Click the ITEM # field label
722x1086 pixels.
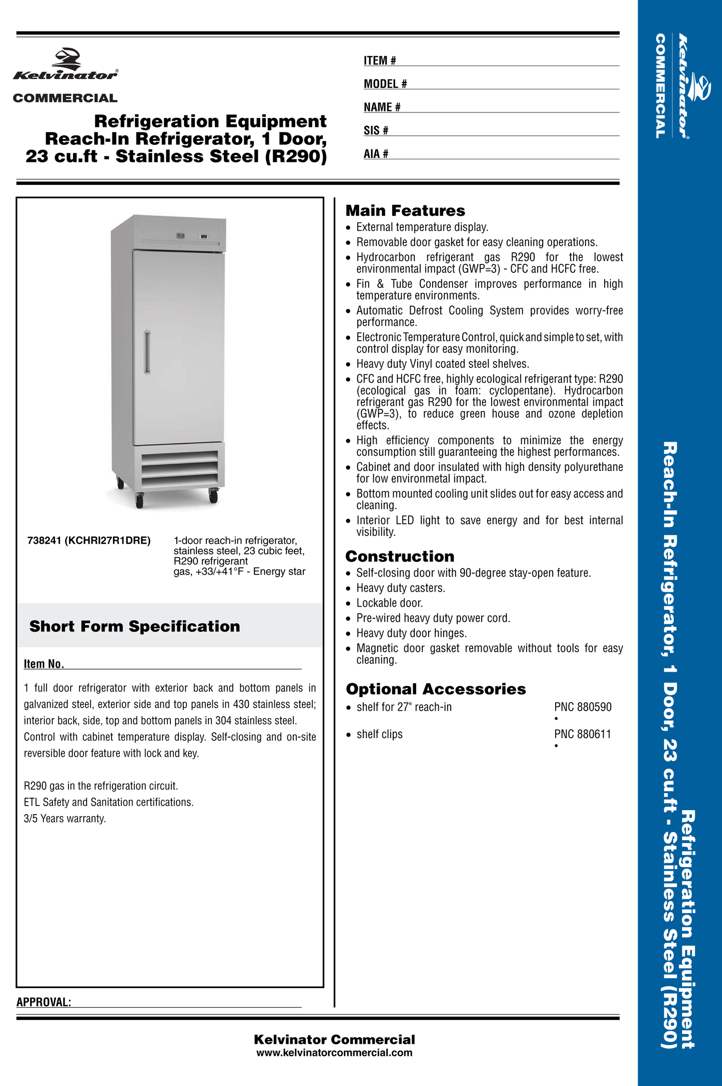(380, 60)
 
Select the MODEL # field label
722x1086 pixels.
(385, 84)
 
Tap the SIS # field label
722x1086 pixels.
(376, 130)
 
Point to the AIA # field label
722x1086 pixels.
(376, 154)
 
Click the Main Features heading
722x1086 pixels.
(405, 210)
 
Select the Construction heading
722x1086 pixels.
(400, 556)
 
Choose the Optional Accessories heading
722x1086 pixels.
(436, 689)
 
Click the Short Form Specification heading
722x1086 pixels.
(134, 626)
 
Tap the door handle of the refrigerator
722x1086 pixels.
(147, 352)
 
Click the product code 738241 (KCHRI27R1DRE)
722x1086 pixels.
(89, 541)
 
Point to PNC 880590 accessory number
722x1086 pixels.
(583, 707)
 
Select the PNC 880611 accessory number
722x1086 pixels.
(583, 734)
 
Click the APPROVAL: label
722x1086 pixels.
(44, 1002)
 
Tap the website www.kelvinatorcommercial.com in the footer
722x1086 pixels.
(334, 1053)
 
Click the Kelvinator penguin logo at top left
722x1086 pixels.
(68, 59)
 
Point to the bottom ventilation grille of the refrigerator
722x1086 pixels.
(179, 469)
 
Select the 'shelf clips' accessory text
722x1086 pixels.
(379, 734)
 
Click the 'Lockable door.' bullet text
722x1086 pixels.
(389, 603)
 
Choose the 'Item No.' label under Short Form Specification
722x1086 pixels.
(44, 664)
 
